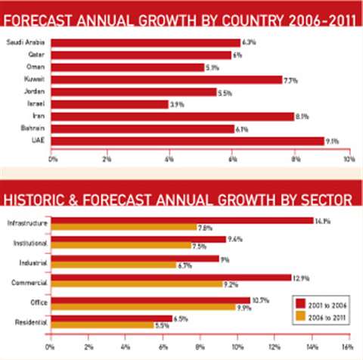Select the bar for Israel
[110, 104]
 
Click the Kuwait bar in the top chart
[166, 79]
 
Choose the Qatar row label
[35, 54]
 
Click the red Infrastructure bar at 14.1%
[181, 220]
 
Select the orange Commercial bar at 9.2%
[135, 284]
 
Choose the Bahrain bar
[143, 128]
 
